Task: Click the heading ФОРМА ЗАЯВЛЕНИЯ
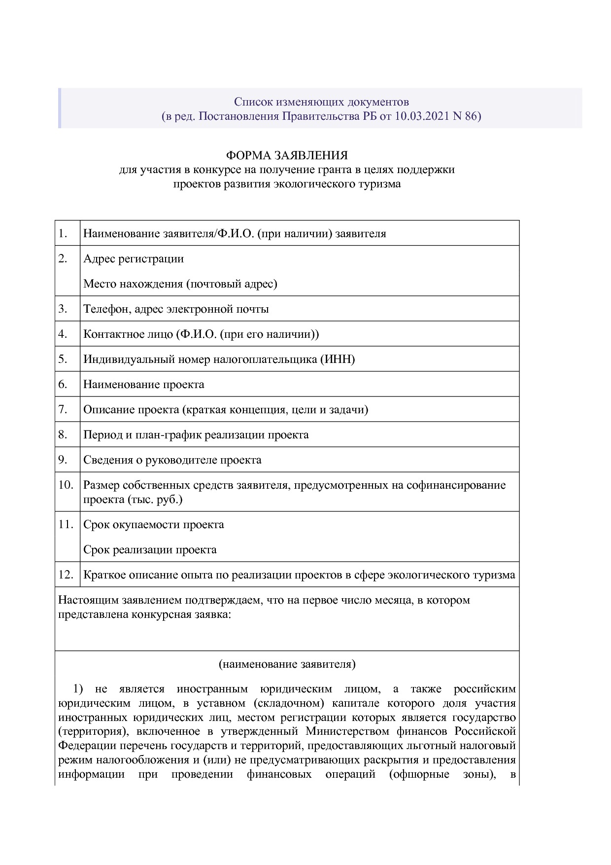[x=287, y=156]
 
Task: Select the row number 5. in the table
[x=63, y=359]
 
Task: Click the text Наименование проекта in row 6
[x=143, y=384]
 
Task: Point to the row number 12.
[x=66, y=575]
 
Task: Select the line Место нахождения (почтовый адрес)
[x=180, y=284]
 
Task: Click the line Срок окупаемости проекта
[x=153, y=524]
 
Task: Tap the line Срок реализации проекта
[x=150, y=549]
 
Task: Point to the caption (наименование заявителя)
[x=287, y=664]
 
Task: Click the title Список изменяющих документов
[x=321, y=102]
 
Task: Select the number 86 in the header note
[x=470, y=117]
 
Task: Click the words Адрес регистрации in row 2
[x=133, y=258]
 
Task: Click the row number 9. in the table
[x=63, y=460]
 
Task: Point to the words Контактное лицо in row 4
[x=128, y=334]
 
